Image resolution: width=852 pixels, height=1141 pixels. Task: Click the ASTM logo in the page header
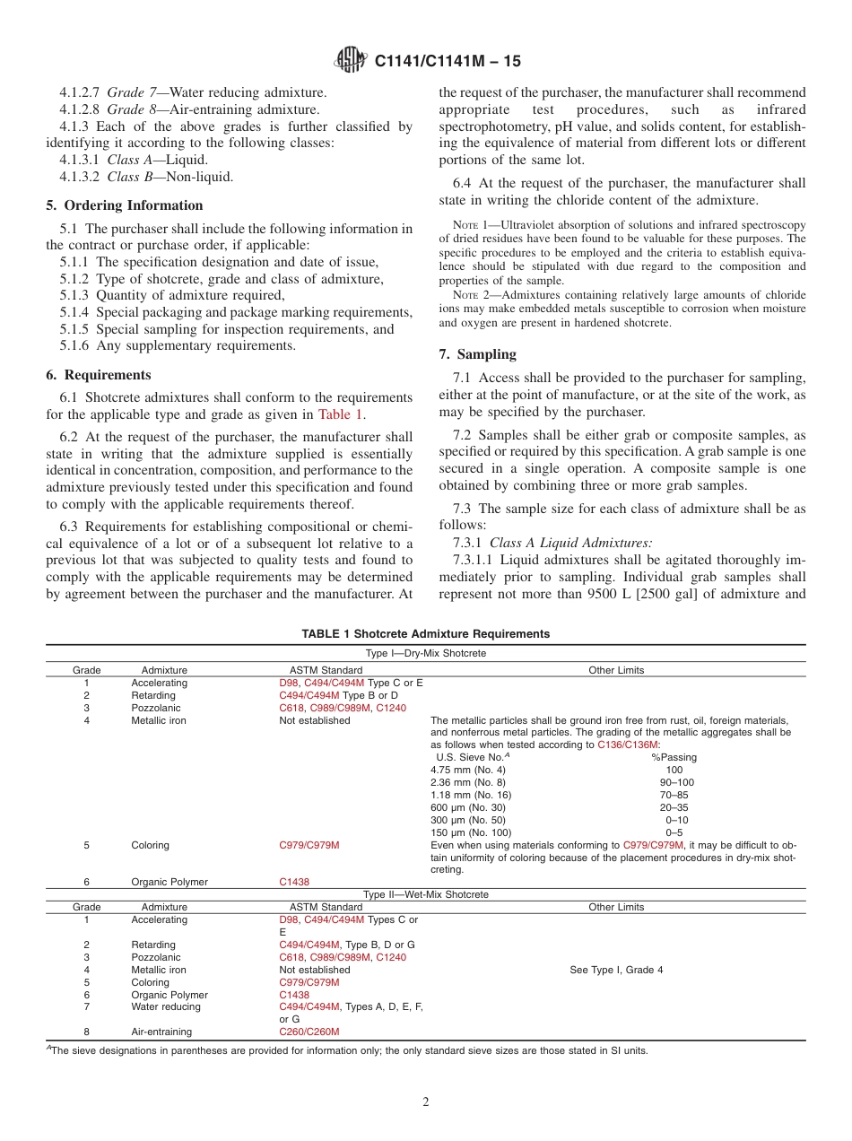pyautogui.click(x=350, y=61)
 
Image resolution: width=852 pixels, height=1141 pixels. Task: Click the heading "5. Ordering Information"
pyautogui.click(x=125, y=205)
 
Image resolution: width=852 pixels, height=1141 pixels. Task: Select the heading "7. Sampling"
pyautogui.click(x=477, y=354)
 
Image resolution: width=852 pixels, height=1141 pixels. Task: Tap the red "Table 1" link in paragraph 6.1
pyautogui.click(x=342, y=414)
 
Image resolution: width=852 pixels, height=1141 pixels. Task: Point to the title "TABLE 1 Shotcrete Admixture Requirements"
pyautogui.click(x=425, y=634)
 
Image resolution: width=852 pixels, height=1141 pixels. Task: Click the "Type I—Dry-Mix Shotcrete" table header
pyautogui.click(x=425, y=654)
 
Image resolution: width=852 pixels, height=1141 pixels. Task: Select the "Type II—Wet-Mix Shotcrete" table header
pyautogui.click(x=425, y=894)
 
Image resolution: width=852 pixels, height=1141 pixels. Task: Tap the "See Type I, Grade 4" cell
pyautogui.click(x=616, y=970)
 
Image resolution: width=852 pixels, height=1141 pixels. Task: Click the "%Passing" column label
pyautogui.click(x=674, y=757)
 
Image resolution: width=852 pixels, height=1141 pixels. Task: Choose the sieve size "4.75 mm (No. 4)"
pyautogui.click(x=467, y=770)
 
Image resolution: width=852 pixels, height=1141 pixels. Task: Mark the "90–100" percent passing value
pyautogui.click(x=676, y=782)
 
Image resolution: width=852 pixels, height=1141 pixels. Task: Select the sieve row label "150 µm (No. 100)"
pyautogui.click(x=471, y=832)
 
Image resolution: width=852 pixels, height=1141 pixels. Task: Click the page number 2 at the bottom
pyautogui.click(x=426, y=1102)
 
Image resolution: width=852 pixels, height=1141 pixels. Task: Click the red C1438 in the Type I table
pyautogui.click(x=294, y=882)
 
